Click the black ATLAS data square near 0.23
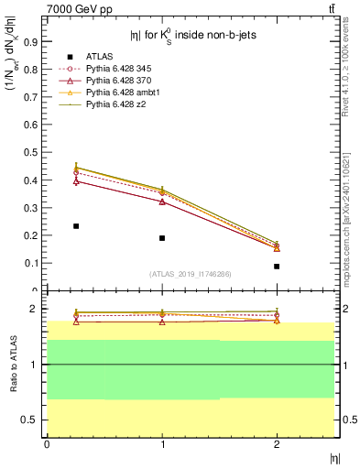pos(76,225)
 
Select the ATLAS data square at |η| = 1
pos(162,238)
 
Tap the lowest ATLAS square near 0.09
pos(277,267)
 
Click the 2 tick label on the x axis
pos(277,444)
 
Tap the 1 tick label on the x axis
pos(162,444)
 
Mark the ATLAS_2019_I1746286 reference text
pos(191,274)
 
